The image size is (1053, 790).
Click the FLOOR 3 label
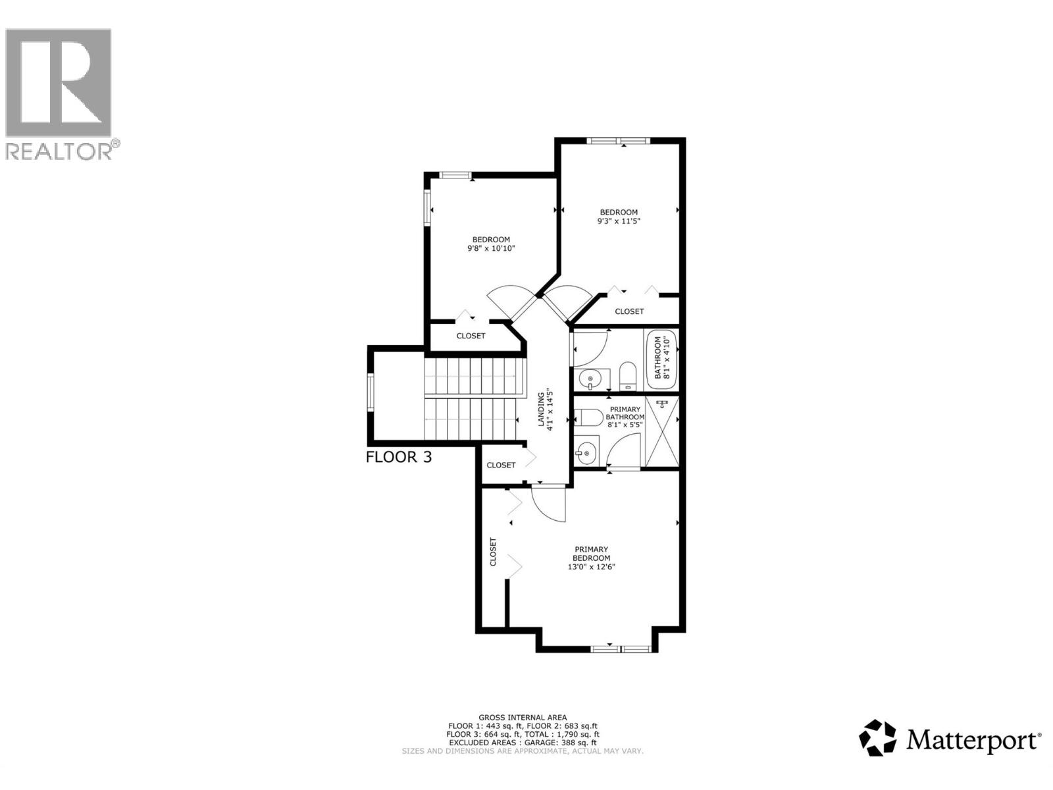[399, 457]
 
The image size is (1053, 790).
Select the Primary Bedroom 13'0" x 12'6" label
[591, 558]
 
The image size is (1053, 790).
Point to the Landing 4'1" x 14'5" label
[545, 411]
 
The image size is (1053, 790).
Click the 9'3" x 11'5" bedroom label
[618, 217]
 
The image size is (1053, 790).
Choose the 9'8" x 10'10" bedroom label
[491, 244]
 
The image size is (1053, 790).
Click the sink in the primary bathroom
[587, 452]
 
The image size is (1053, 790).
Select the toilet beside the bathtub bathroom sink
[627, 375]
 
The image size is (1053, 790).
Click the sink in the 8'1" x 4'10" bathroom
[588, 379]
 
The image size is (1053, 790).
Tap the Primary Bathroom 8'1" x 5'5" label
[625, 417]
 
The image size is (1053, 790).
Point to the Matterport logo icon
[878, 737]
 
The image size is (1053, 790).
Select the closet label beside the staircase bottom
[501, 465]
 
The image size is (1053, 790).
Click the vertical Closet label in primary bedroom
[493, 552]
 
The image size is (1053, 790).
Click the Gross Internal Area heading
[523, 718]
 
